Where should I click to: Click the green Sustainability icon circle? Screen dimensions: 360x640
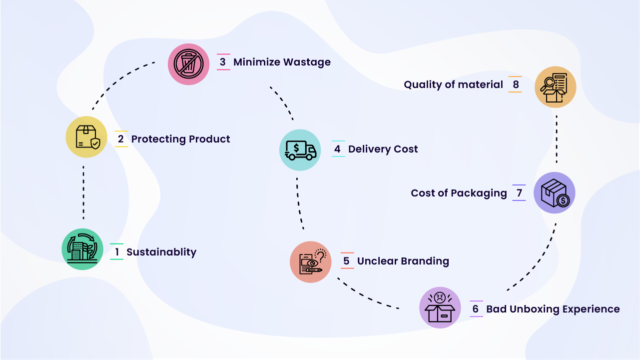82,249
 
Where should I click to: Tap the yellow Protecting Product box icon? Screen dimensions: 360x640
86,137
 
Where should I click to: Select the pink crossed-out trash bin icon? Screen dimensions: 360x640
188,63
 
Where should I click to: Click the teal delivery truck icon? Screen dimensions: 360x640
300,149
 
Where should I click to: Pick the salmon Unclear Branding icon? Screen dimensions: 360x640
311,262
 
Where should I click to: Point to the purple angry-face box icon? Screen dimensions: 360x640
440,307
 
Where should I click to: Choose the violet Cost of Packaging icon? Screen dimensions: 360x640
555,193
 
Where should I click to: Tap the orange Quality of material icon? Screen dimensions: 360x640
555,87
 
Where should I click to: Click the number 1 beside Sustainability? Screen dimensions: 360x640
117,252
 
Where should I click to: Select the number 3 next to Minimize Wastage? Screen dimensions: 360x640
223,62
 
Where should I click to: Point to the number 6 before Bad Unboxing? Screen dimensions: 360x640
476,309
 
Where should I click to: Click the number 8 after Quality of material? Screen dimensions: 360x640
516,84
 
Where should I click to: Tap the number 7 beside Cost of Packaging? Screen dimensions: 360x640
519,193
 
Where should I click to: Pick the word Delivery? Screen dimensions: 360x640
369,149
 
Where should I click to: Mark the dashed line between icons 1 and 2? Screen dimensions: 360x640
83,192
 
